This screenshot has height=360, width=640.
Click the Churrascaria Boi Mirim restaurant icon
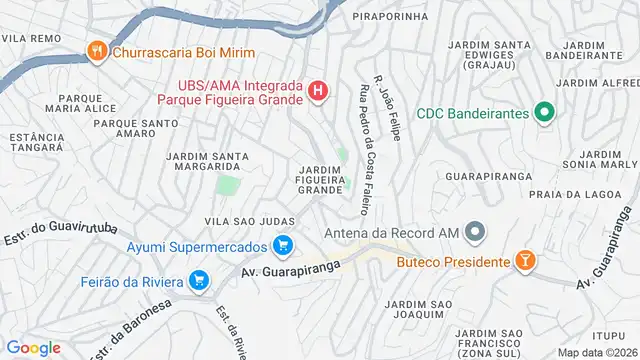[x=98, y=53]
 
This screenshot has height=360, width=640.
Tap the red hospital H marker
[x=318, y=92]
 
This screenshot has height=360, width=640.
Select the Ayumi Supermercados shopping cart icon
[x=283, y=245]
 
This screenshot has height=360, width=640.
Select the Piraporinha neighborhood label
[x=390, y=17]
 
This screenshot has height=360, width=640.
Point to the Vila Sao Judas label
[x=249, y=220]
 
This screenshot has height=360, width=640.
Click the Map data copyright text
[x=595, y=352]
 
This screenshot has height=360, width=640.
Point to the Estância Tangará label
[x=37, y=141]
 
